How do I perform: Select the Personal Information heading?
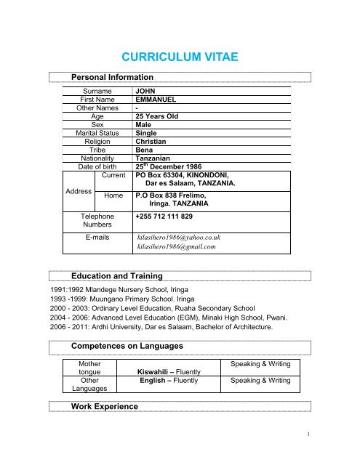[x=111, y=77]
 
